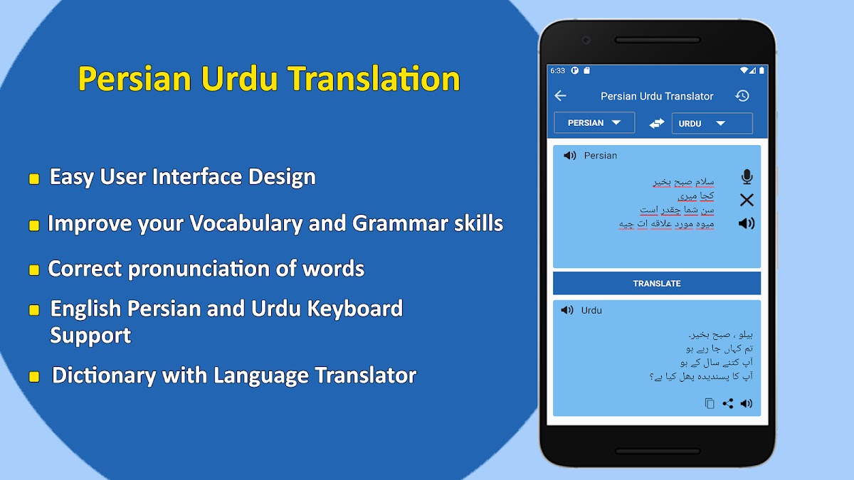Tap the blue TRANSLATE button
[x=656, y=284]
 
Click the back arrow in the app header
[x=560, y=95]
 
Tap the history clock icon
[x=742, y=95]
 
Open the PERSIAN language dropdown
[x=594, y=122]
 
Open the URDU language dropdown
[x=712, y=124]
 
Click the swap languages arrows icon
[x=656, y=123]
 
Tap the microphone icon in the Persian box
[x=747, y=177]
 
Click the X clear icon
[x=747, y=200]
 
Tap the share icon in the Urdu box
[x=728, y=403]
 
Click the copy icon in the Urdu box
[x=709, y=403]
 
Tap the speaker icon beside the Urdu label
[x=567, y=310]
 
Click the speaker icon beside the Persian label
[x=569, y=156]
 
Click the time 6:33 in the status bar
[x=557, y=70]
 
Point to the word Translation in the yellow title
[x=374, y=79]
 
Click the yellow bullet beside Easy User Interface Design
[x=34, y=179]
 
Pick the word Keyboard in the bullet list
[x=355, y=308]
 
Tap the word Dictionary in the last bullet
[x=104, y=375]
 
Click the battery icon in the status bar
[x=761, y=70]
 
